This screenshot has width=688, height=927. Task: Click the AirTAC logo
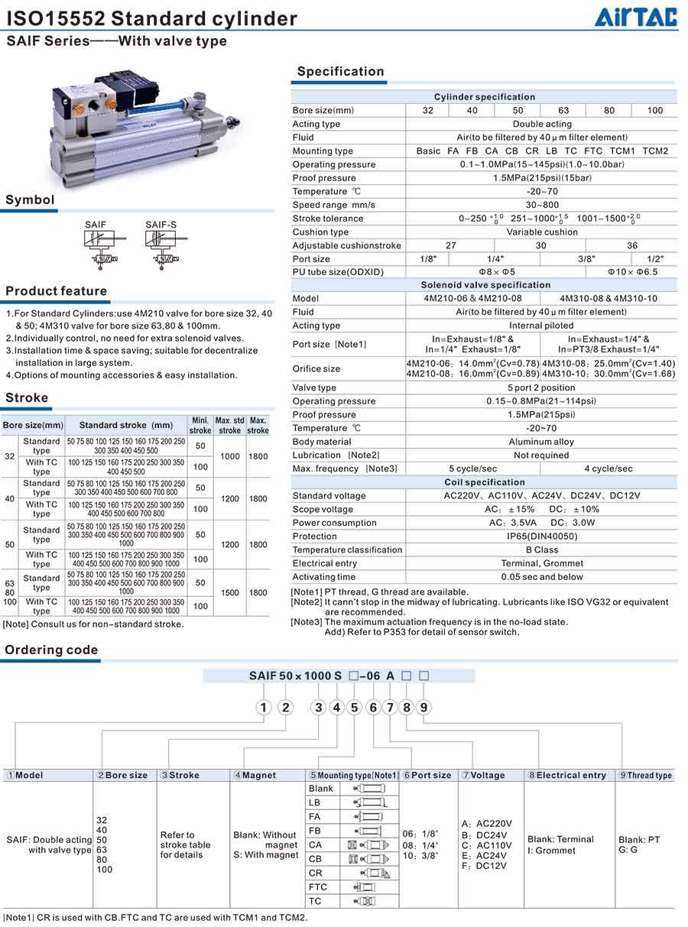[635, 17]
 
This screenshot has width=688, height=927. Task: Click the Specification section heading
[340, 72]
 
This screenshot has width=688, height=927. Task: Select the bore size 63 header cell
[563, 111]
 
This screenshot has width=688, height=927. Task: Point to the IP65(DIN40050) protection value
[542, 536]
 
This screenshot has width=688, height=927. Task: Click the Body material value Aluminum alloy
[542, 442]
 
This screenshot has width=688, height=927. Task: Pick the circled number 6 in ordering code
[373, 708]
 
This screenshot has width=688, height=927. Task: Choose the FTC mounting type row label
[319, 887]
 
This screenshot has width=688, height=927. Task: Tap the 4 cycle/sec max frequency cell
[608, 468]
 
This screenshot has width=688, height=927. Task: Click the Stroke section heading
[27, 398]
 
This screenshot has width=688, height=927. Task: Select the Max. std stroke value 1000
[229, 456]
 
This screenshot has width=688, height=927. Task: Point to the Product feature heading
[57, 291]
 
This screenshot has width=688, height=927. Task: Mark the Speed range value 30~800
[542, 205]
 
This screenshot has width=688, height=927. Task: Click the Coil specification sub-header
[485, 482]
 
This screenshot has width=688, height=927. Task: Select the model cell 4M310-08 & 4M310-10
[608, 299]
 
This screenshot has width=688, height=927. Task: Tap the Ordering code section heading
[52, 650]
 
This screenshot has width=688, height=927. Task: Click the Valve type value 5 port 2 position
[542, 387]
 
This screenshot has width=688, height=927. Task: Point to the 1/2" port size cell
[655, 259]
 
